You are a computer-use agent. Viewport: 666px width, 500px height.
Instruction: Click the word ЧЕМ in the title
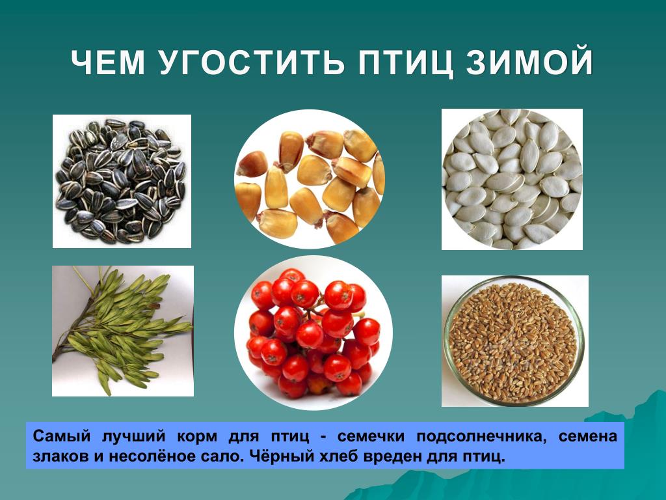(108, 63)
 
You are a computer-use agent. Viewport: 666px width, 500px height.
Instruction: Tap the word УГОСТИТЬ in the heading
(252, 63)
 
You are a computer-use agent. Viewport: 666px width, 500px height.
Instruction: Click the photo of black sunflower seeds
(122, 181)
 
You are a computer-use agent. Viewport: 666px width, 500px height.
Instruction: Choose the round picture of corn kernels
(309, 178)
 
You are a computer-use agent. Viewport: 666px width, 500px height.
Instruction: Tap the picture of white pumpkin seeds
(513, 179)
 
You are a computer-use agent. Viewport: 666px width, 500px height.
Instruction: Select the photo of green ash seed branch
(123, 331)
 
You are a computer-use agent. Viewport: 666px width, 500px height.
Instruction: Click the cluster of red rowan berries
(313, 333)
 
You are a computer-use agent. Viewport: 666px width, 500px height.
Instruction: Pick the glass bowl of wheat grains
(515, 341)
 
